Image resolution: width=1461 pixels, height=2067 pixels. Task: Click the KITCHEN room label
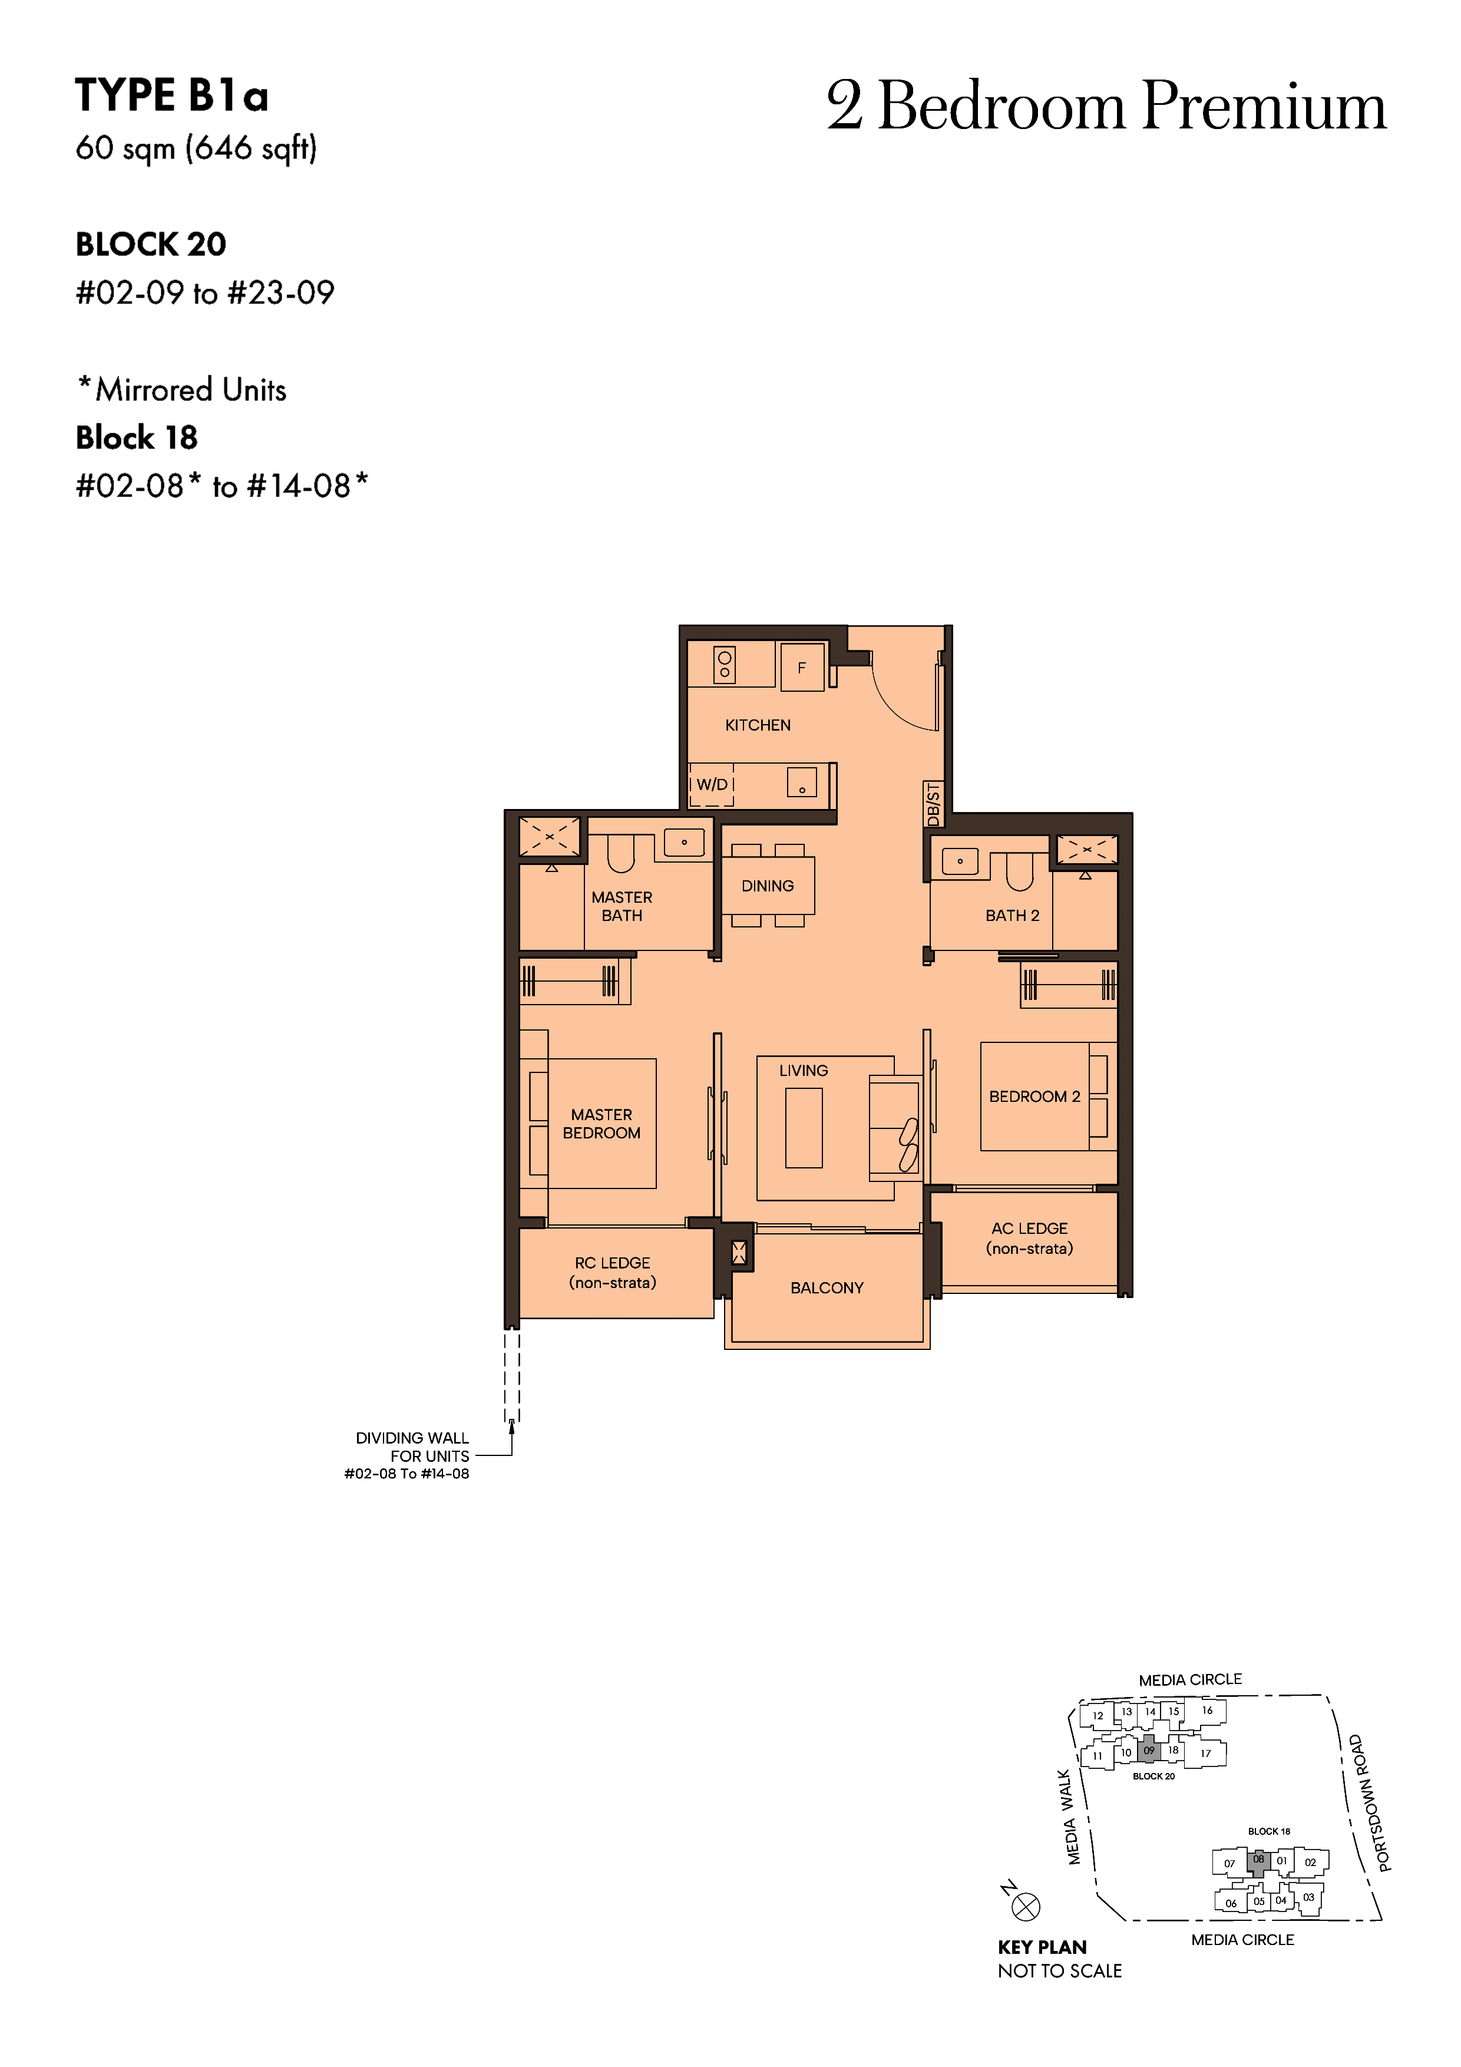pos(758,725)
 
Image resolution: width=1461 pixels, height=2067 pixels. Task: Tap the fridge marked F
pos(802,667)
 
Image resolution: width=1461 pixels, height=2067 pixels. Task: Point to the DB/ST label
pos(934,804)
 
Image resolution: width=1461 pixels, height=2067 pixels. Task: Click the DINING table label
pos(768,886)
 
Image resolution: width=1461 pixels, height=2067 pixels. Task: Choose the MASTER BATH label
pos(622,906)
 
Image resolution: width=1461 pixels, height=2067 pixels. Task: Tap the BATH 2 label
pos(1012,916)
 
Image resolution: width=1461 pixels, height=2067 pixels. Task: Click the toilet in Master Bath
pos(621,853)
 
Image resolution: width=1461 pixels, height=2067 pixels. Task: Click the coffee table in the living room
pos(804,1127)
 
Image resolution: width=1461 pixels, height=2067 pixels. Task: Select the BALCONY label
pos(827,1288)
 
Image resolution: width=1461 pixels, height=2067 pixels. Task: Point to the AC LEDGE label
pos(1030,1238)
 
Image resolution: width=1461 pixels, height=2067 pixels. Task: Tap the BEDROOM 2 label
pos(1034,1097)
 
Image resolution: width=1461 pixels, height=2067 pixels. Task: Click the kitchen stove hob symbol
pos(725,665)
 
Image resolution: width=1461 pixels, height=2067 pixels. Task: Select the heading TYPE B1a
pos(172,95)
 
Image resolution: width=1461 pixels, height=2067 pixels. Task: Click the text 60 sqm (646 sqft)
pos(196,148)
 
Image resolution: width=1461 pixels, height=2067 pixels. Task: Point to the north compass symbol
pos(1025,1906)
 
